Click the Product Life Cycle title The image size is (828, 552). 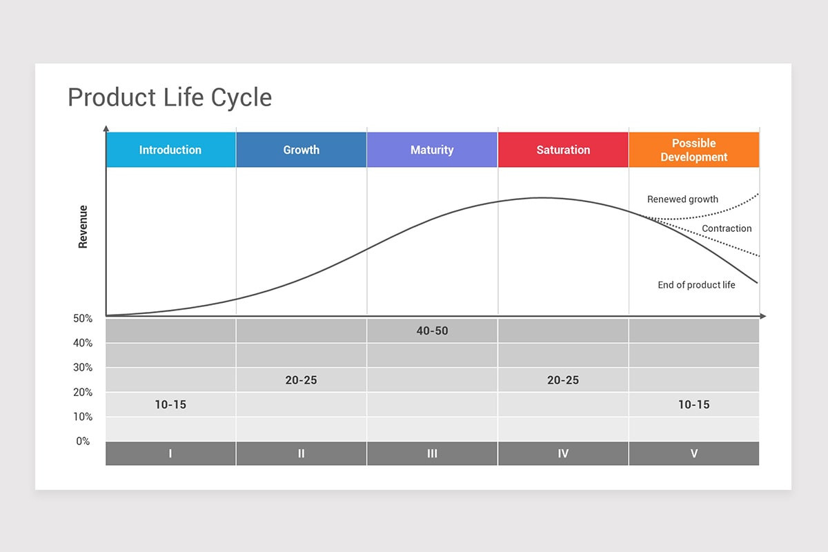pos(170,97)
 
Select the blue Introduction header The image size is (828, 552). pos(170,150)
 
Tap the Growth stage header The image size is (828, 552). pos(302,150)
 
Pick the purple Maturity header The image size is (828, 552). pos(432,150)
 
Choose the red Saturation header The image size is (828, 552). pos(563,150)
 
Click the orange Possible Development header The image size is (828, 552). pos(693,150)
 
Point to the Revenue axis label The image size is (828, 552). pos(83,226)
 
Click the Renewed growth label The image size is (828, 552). pos(682,199)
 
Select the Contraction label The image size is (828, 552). pos(727,228)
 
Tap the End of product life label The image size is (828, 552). pos(696,285)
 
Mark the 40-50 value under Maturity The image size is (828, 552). pos(432,331)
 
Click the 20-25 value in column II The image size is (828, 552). pos(302,380)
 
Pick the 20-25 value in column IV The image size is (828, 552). pos(563,380)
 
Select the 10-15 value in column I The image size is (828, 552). pos(170,405)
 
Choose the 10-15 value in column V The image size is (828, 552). pos(693,405)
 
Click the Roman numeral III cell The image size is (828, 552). pos(432,454)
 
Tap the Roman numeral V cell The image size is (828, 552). pos(693,454)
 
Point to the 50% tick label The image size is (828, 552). pos(83,319)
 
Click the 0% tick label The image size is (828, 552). pos(83,441)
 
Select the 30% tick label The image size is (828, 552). pos(83,368)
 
